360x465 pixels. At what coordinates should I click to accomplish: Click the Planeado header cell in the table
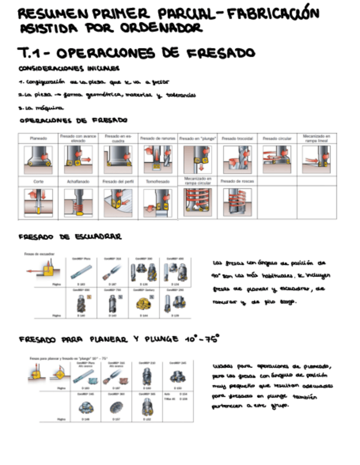(38, 139)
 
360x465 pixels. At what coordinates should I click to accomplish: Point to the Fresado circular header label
(277, 139)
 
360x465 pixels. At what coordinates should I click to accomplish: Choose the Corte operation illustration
(38, 202)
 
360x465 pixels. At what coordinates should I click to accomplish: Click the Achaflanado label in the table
(77, 180)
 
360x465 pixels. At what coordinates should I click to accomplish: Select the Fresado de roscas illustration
(237, 202)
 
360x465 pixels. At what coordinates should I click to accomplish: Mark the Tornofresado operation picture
(158, 202)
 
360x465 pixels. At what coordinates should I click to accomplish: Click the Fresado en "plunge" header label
(198, 139)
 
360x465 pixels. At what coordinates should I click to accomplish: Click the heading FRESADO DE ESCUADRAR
(70, 237)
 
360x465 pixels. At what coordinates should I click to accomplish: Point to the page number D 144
(144, 316)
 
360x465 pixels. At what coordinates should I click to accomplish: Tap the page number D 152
(146, 419)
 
